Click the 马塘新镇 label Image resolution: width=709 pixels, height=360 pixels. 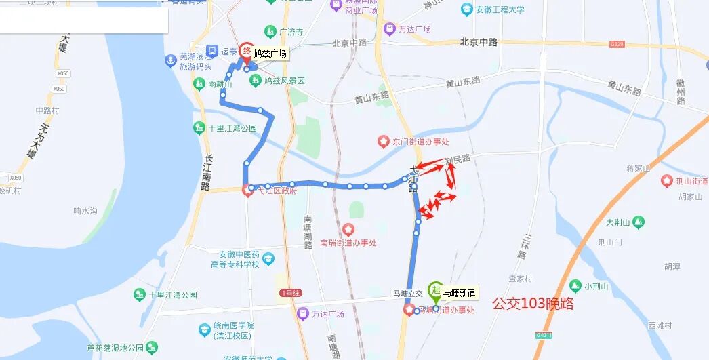(459, 294)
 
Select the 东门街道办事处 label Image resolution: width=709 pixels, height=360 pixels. (422, 142)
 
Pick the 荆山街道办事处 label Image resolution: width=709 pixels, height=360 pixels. (691, 180)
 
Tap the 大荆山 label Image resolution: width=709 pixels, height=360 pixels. (618, 222)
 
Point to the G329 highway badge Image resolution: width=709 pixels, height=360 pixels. (616, 43)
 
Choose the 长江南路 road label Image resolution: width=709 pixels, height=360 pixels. (207, 171)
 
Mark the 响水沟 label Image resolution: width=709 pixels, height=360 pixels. (86, 211)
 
